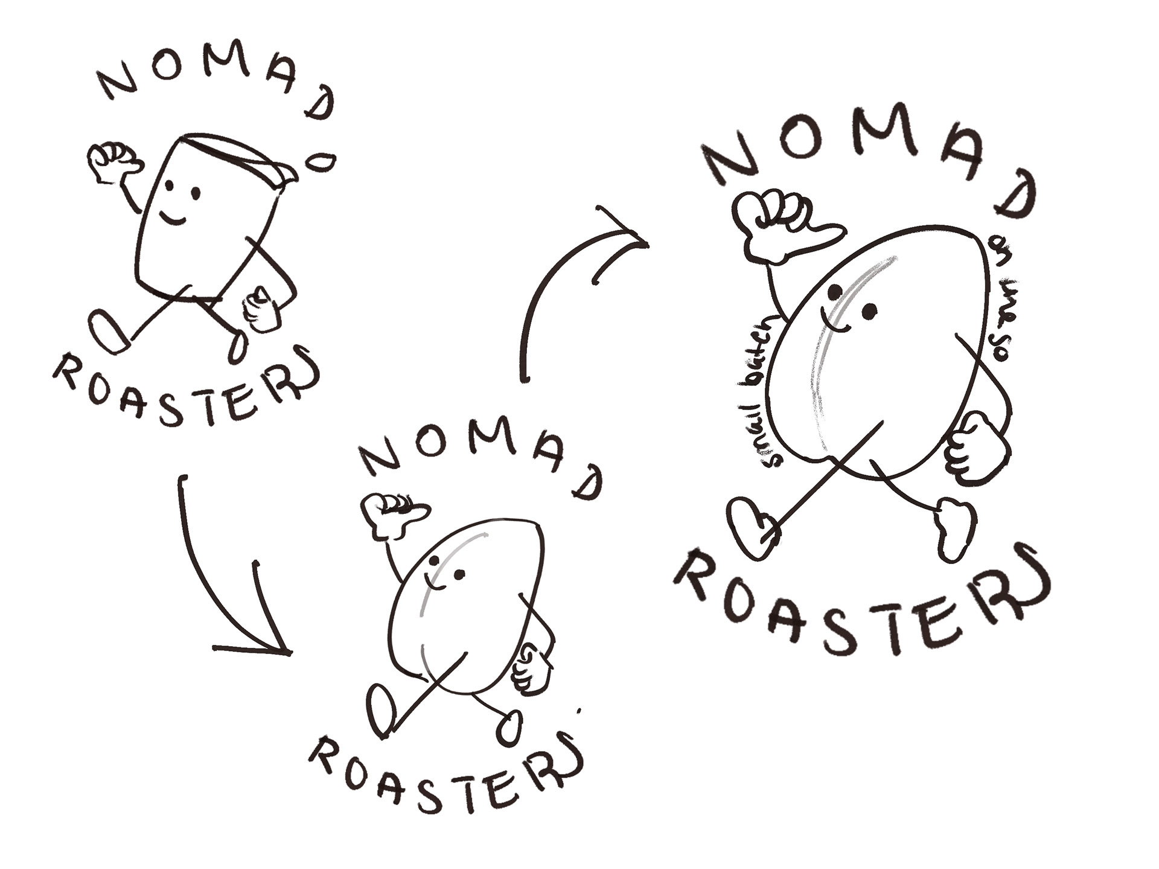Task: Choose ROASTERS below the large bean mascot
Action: (x=863, y=604)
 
